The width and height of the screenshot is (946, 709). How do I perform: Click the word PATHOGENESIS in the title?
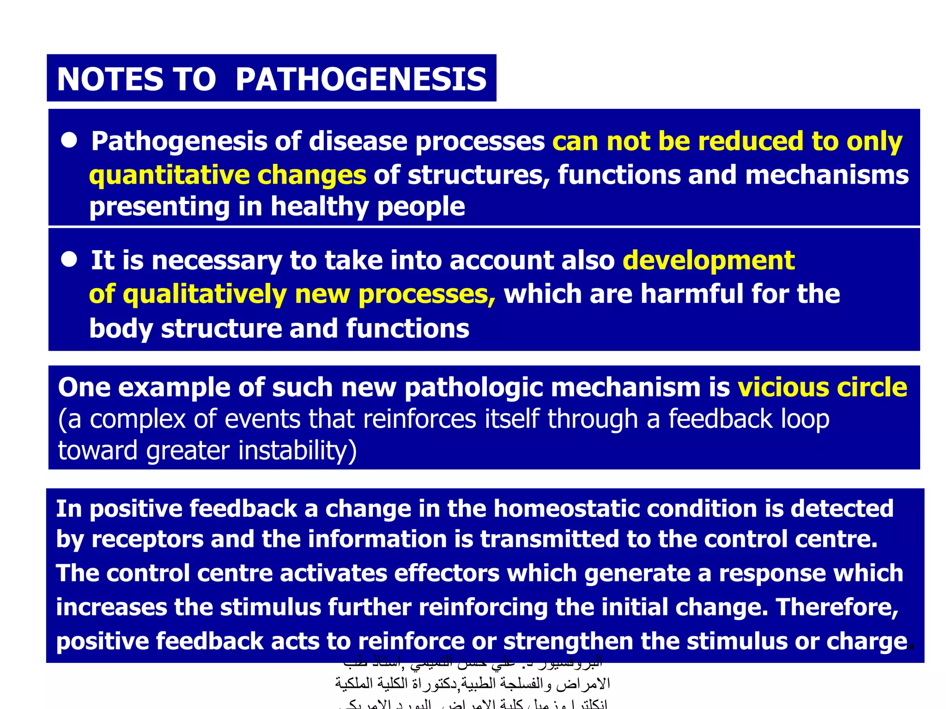point(361,79)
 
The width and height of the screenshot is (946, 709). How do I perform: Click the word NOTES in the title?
point(109,79)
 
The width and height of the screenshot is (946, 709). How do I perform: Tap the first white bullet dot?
point(69,140)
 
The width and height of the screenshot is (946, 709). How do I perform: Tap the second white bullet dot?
point(69,259)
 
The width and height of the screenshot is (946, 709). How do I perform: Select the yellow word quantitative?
point(169,176)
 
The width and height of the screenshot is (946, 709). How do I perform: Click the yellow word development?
point(709,260)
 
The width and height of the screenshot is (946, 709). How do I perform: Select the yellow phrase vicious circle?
point(822,387)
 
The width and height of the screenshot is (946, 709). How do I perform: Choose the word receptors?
point(147,540)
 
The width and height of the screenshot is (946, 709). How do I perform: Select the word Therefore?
point(837,607)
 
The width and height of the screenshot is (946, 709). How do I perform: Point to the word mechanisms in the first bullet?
point(826,176)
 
